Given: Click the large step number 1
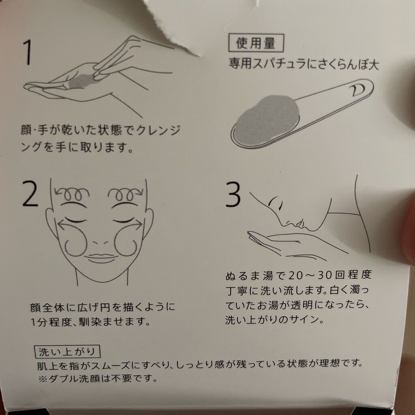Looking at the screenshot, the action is point(28,52).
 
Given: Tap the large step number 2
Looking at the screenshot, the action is point(30,194).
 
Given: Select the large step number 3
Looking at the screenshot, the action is point(233,194).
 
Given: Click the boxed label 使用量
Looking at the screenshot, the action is point(256,43).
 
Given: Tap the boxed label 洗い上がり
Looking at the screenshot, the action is point(67,352).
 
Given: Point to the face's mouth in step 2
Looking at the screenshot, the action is point(102,258).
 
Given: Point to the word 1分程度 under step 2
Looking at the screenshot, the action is point(51,322).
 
